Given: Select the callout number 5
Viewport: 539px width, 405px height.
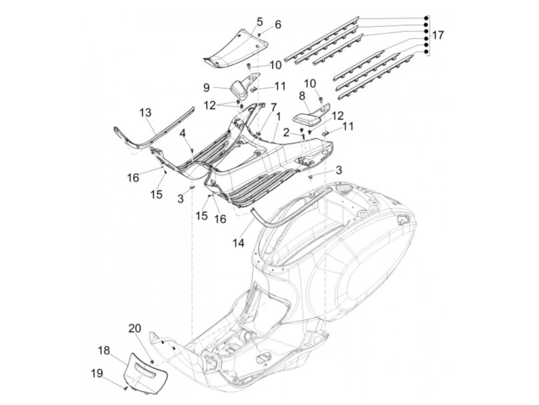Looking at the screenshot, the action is [259, 22].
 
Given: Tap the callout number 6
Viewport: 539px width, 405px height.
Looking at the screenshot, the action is [278, 25].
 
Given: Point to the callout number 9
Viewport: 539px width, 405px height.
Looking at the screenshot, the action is [206, 88].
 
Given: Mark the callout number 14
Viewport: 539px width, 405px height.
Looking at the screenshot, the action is [238, 243].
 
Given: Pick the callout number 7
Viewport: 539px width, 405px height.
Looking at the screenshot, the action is [274, 107].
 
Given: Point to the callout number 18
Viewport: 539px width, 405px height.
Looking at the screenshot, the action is [104, 350].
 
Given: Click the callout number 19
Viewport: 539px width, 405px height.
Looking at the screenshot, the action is [97, 375].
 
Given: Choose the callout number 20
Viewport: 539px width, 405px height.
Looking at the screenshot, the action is [135, 328].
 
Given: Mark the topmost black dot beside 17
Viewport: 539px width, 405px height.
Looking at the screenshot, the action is [426, 18].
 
